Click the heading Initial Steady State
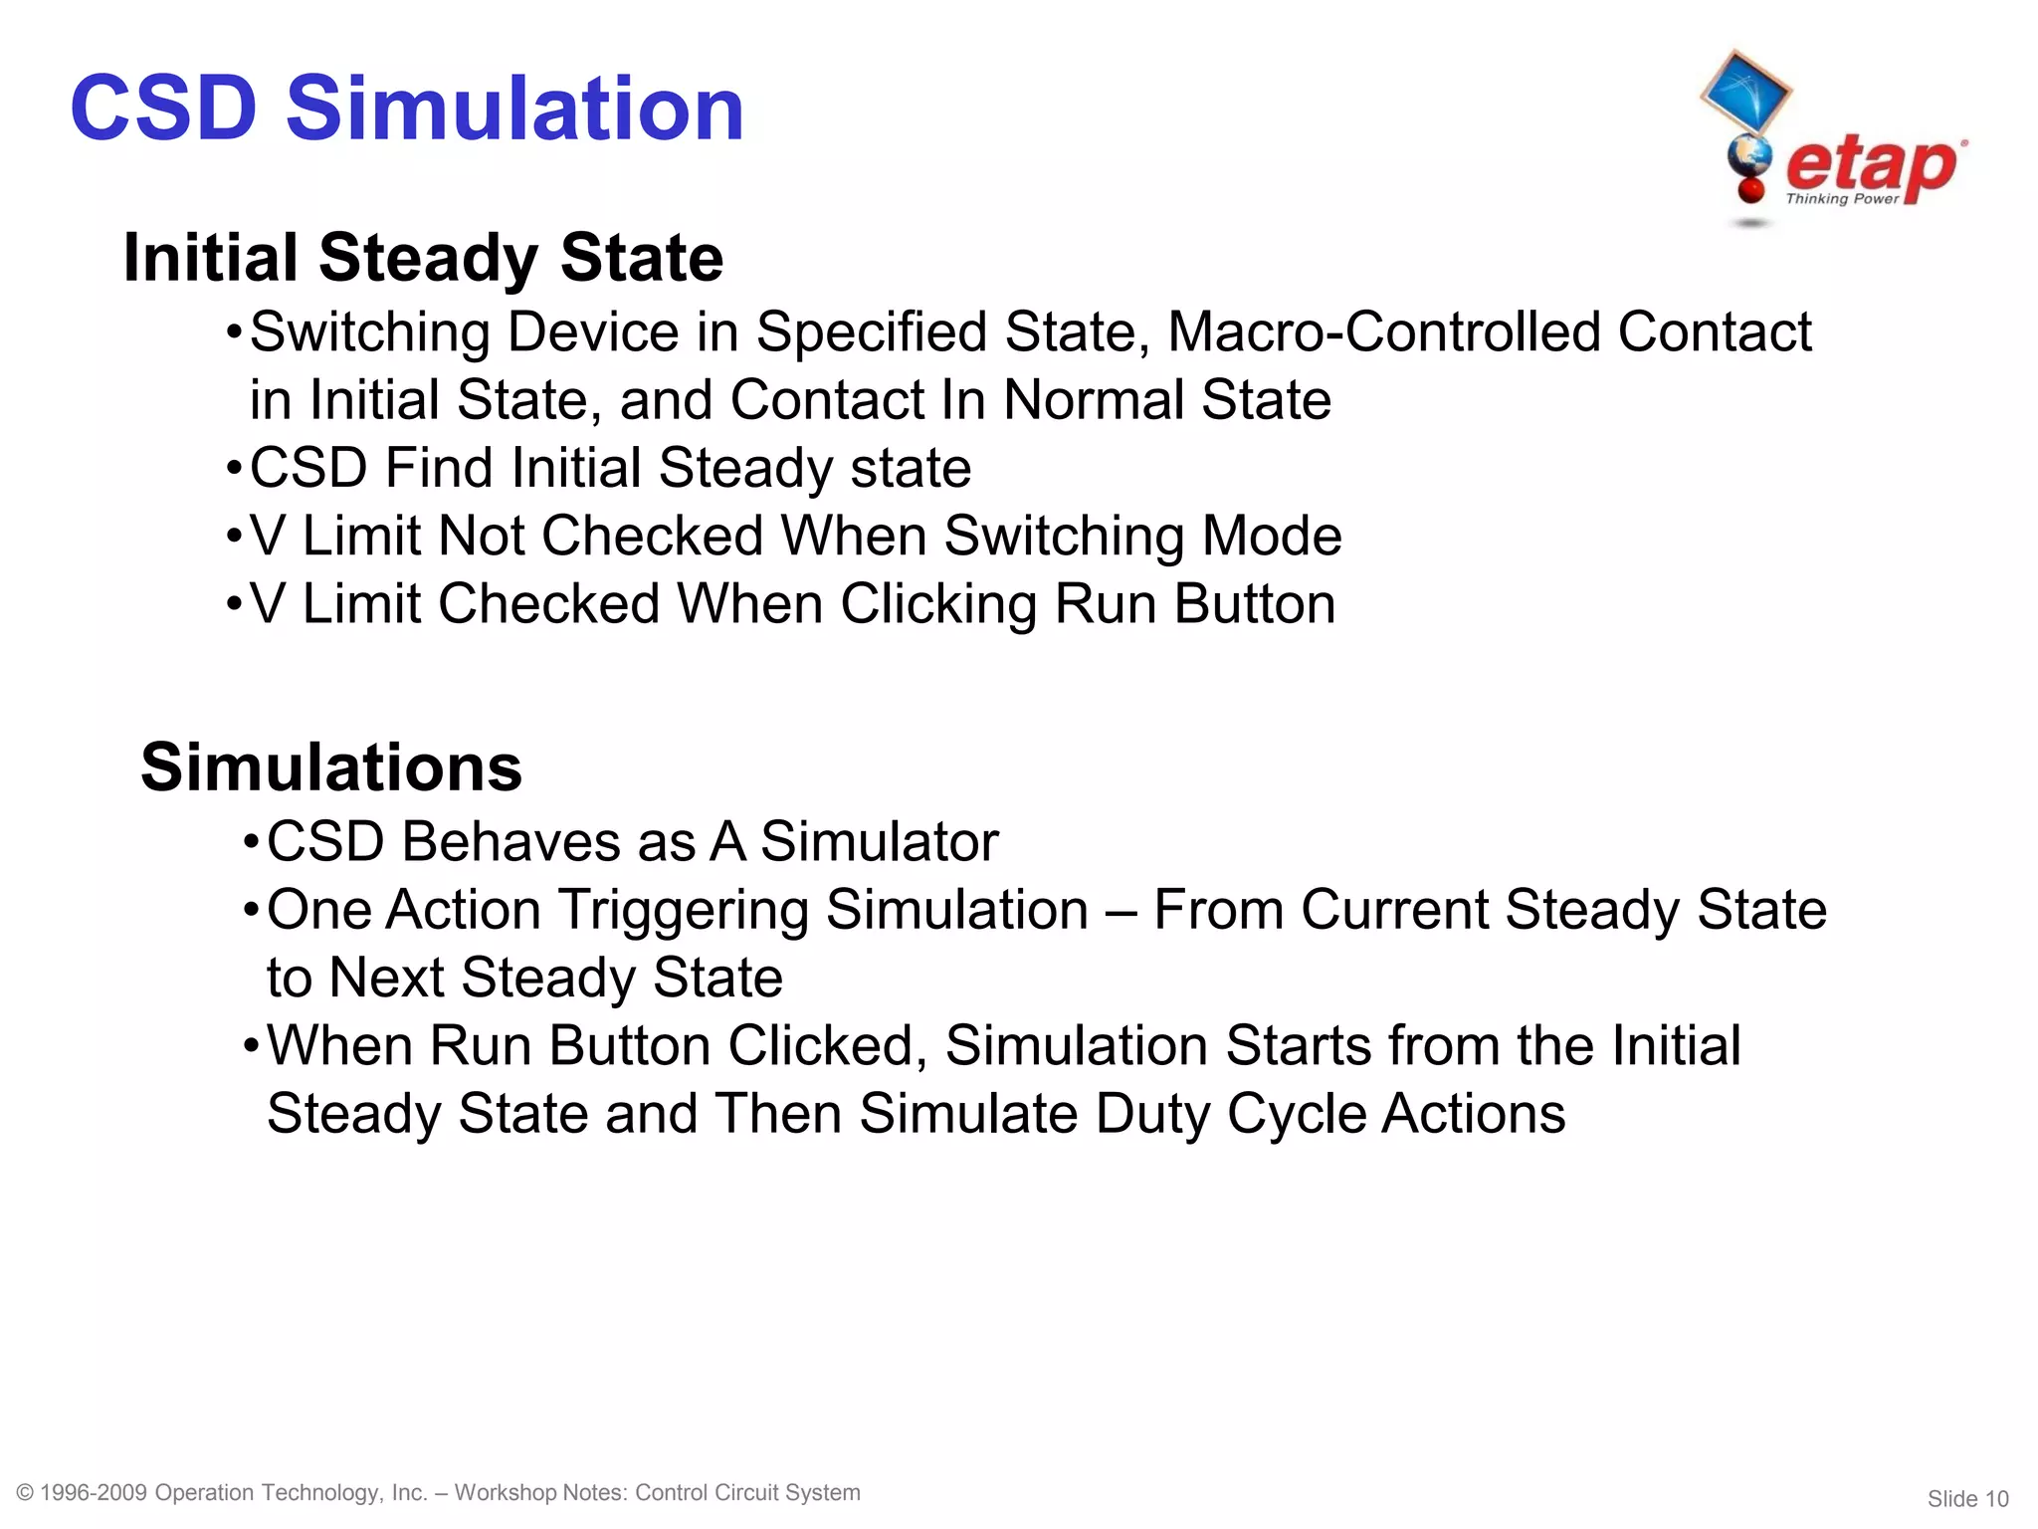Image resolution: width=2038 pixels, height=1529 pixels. pos(423,258)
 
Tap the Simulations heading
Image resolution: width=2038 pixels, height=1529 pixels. pos(331,767)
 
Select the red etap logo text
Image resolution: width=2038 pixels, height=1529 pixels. pos(1870,167)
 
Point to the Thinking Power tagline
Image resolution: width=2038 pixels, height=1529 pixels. pos(1842,199)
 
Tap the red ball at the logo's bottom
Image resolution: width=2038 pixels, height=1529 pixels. pos(1750,189)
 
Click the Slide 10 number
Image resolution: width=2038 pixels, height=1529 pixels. pos(1967,1499)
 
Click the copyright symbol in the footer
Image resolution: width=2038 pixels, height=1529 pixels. pos(26,1492)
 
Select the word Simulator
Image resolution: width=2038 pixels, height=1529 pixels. pos(879,842)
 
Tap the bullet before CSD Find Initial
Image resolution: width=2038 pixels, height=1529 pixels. pos(234,467)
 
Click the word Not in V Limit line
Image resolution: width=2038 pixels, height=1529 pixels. pos(481,536)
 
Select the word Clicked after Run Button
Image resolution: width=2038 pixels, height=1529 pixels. pos(821,1046)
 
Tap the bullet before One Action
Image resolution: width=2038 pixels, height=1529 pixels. pos(251,910)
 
